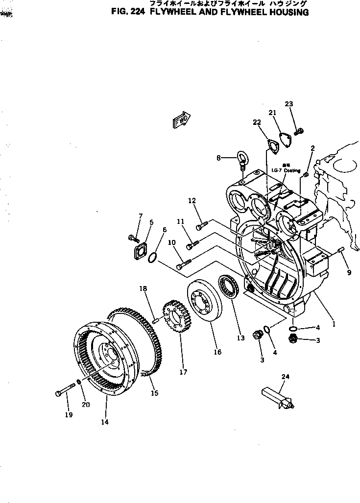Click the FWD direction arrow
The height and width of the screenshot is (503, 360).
click(x=182, y=120)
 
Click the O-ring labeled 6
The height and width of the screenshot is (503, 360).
click(x=152, y=256)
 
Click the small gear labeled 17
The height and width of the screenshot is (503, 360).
click(x=176, y=318)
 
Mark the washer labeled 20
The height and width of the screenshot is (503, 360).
click(x=79, y=383)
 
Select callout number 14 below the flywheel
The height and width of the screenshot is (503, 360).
click(x=104, y=421)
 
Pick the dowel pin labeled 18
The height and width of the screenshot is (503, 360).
click(x=155, y=321)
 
